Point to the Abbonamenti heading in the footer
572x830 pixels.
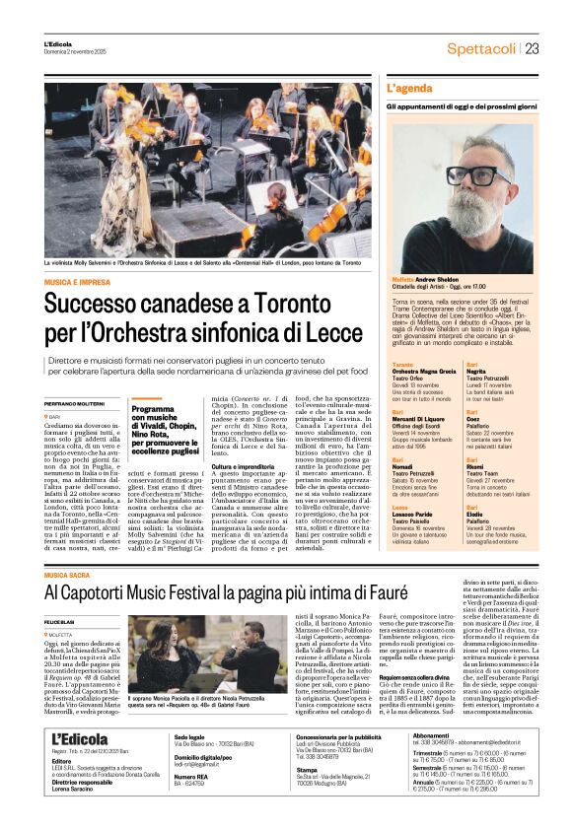pos(461,763)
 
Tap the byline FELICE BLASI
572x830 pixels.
pos(61,594)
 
